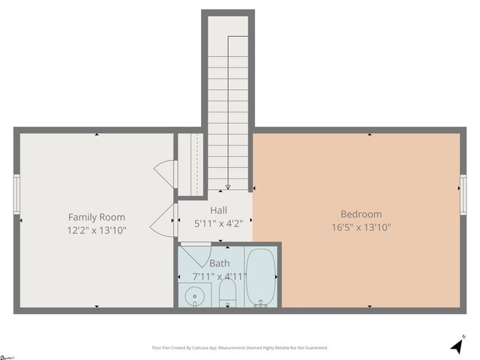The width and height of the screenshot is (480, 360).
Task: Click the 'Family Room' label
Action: point(97,217)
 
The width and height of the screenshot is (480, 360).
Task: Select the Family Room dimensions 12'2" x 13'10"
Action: point(97,231)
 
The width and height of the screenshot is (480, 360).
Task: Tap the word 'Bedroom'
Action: point(361,214)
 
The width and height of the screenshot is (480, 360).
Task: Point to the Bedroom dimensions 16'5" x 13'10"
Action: point(361,227)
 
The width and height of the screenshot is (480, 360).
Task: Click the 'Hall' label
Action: point(218,211)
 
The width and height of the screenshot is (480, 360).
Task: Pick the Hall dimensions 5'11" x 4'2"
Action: point(218,223)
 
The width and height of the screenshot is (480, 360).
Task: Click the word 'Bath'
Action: point(220,263)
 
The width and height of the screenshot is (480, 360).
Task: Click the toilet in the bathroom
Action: point(228,295)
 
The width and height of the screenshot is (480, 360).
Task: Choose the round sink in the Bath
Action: point(195,296)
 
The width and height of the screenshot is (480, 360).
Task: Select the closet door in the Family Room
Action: point(165,174)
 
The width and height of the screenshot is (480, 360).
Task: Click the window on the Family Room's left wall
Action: point(16,194)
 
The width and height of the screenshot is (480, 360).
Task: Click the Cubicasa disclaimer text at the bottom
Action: point(240,348)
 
